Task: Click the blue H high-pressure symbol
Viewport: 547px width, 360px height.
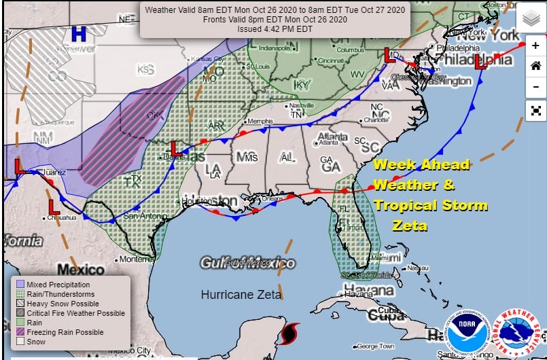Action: pos(79,33)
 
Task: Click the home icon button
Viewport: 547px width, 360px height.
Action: pos(535,66)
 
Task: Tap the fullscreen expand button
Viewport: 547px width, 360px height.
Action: pos(535,109)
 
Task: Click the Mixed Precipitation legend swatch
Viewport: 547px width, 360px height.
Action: pos(20,285)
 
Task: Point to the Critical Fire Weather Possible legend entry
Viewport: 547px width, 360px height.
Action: pos(76,313)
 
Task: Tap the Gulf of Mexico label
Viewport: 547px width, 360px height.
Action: pos(247,263)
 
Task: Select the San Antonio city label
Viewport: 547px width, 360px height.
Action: pos(139,216)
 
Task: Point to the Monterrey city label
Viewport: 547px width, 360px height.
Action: pos(137,259)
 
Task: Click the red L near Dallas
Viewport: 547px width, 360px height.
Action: pos(175,148)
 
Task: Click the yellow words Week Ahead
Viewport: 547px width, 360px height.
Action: pos(421,165)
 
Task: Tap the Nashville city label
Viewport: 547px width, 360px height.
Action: pos(300,106)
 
